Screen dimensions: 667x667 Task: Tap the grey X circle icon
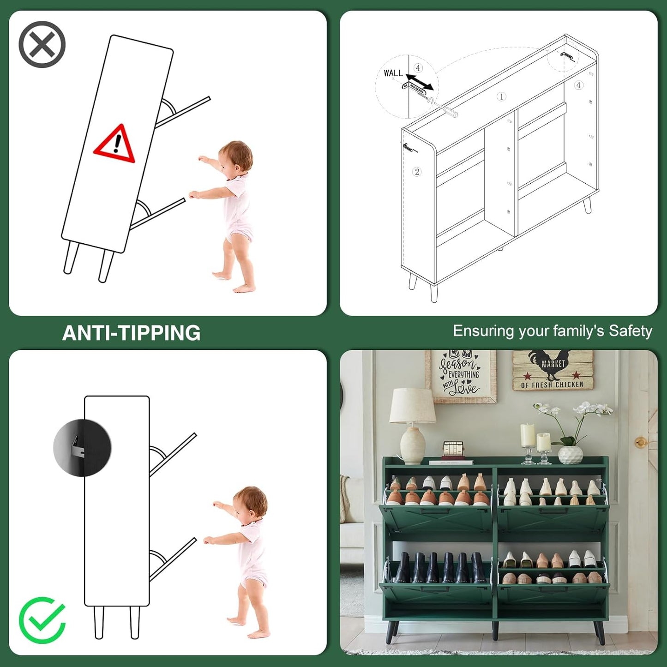click(42, 44)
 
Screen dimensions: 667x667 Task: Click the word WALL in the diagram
click(393, 73)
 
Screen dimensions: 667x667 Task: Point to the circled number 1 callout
click(502, 96)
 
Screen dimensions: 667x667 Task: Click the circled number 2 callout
click(417, 171)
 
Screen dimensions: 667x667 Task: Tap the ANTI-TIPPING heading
click(131, 333)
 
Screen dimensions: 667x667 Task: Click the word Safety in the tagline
click(631, 331)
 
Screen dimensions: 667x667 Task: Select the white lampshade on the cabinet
click(412, 406)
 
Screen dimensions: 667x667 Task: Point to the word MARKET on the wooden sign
click(553, 364)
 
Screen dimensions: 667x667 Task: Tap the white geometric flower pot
click(570, 455)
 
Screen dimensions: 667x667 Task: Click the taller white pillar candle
click(528, 435)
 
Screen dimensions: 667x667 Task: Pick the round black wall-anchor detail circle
click(82, 447)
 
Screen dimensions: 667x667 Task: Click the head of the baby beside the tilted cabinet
click(236, 157)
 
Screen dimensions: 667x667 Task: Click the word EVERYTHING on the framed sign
click(463, 374)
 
